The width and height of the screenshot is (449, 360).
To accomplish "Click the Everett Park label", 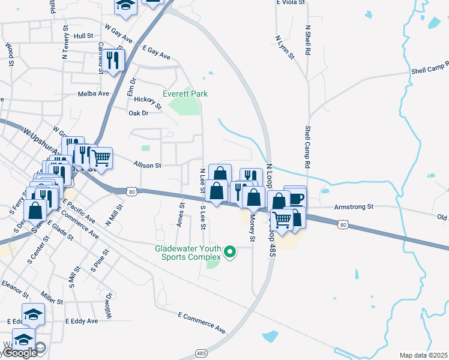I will [185, 94].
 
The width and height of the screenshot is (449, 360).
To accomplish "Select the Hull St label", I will [83, 36].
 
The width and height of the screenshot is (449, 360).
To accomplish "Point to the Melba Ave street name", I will [94, 94].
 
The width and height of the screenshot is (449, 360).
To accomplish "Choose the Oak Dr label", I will [138, 112].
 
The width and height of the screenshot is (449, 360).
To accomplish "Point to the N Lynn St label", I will [285, 47].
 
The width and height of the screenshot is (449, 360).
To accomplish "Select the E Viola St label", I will [291, 3].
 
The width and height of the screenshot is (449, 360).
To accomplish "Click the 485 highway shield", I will [201, 354].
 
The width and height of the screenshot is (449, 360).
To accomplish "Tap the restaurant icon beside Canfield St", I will [113, 60].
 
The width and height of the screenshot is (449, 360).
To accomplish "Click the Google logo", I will [19, 353].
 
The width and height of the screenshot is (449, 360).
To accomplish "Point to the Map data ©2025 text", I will [423, 355].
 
